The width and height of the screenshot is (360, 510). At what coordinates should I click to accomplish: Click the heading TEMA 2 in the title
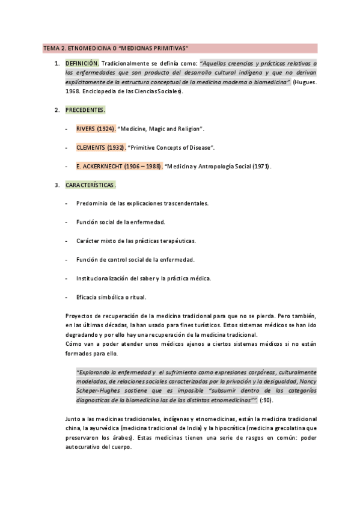(54, 48)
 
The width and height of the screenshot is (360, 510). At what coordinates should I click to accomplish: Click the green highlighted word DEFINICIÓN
(82, 63)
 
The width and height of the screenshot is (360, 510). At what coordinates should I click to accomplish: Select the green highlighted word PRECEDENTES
(85, 110)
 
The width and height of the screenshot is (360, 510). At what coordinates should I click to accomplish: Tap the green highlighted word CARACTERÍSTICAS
(90, 185)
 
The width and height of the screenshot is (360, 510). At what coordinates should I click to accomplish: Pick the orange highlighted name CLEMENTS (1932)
(100, 147)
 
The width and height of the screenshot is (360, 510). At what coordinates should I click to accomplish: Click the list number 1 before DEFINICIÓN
(56, 63)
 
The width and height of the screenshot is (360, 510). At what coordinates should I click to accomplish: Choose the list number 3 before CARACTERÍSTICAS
(56, 185)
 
